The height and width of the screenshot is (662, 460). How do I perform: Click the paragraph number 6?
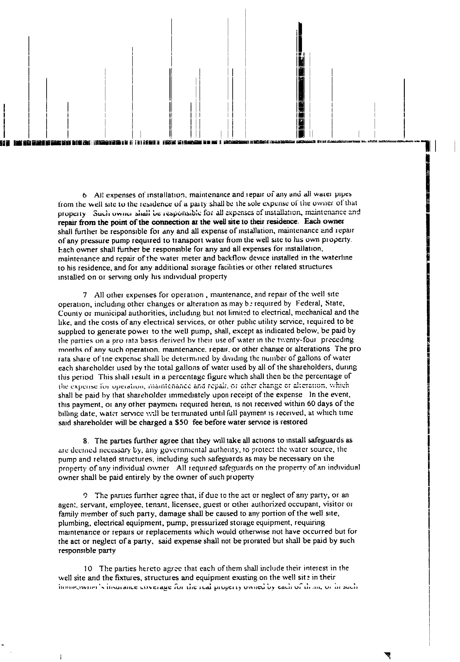[x=85, y=196]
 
